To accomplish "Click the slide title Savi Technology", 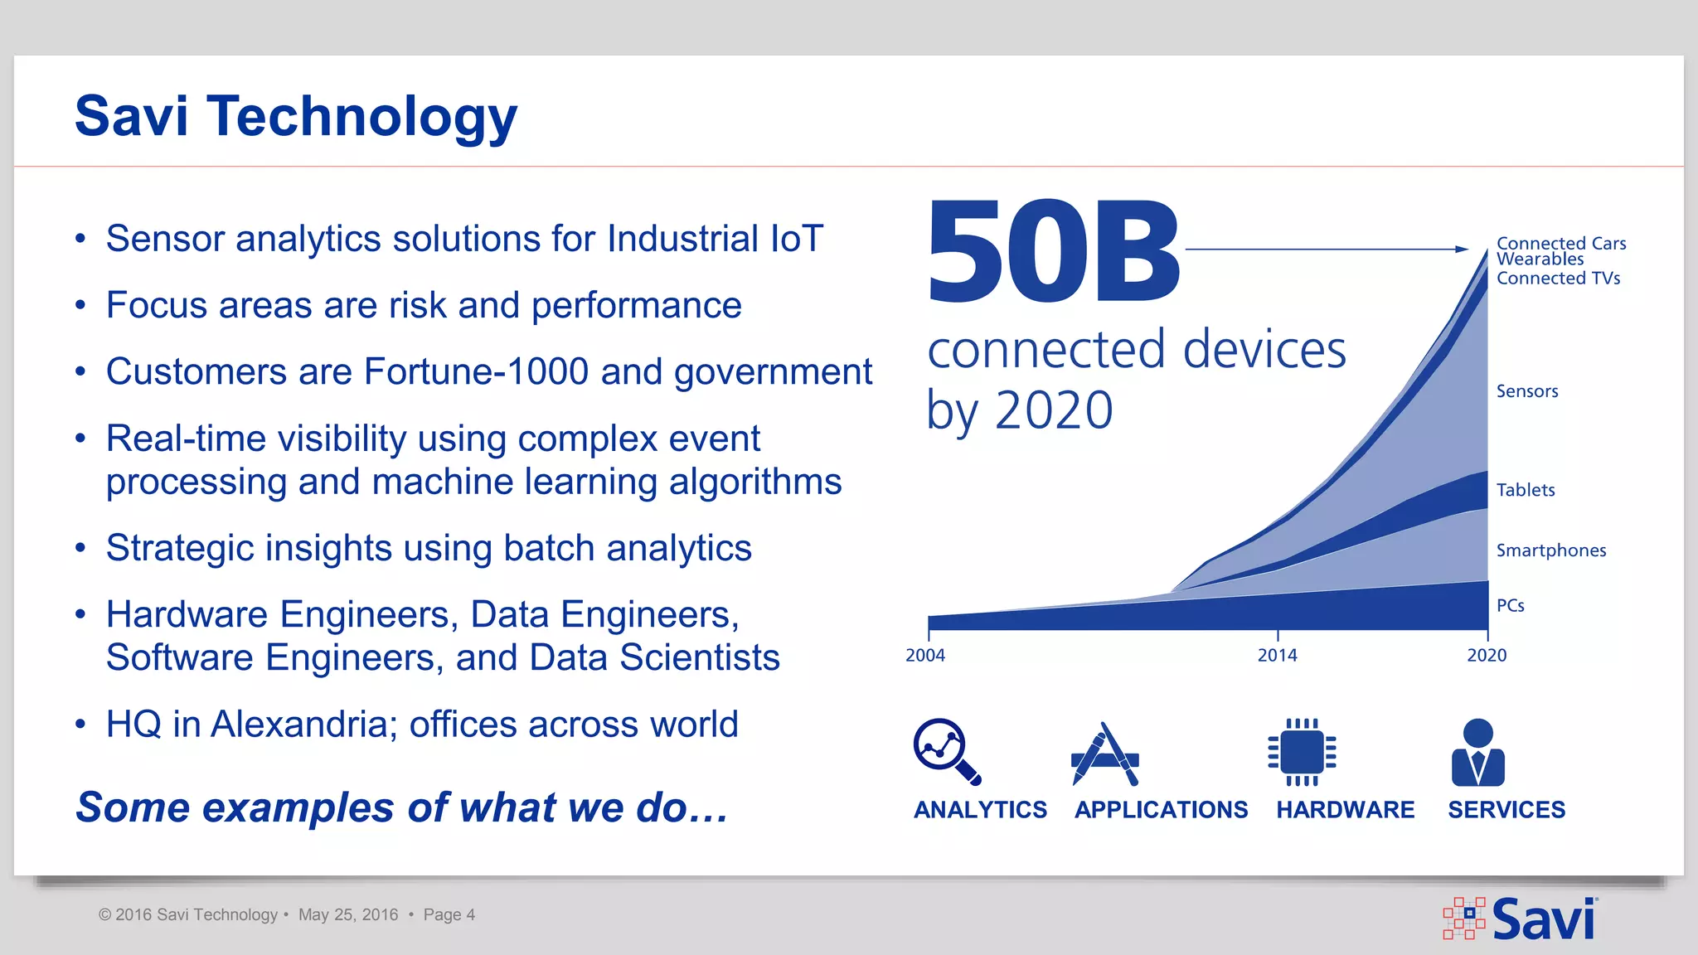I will pos(296,117).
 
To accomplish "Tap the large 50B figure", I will pos(1053,251).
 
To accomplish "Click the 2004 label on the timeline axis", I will pos(925,656).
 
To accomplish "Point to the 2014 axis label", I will pos(1277,656).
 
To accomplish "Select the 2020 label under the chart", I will pos(1487,656).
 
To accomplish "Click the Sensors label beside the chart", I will pos(1527,391).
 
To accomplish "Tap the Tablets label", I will pos(1526,490).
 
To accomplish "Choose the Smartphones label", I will pos(1551,550).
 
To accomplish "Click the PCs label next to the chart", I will pos(1511,606).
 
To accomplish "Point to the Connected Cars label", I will pos(1561,243).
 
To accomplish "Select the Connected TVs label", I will pos(1558,279).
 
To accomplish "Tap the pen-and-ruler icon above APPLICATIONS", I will pos(1105,754).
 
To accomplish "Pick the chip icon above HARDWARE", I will pos(1302,752).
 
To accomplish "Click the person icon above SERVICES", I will pos(1478,752).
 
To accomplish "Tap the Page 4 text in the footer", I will pos(449,915).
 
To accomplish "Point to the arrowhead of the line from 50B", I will pos(1463,249).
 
